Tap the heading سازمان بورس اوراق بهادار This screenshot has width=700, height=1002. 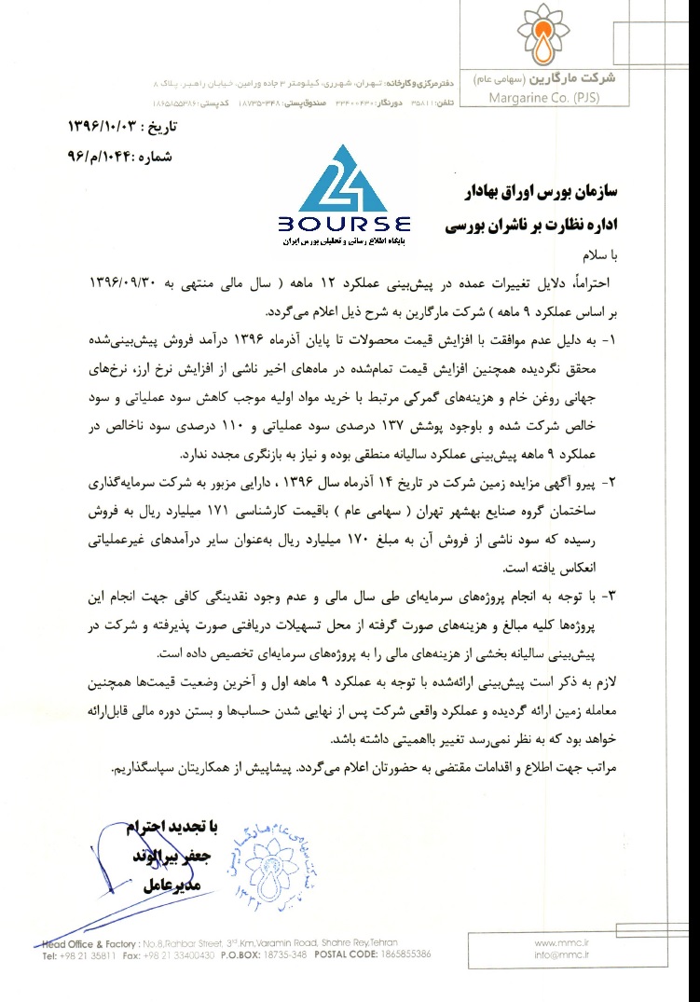[539, 192]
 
